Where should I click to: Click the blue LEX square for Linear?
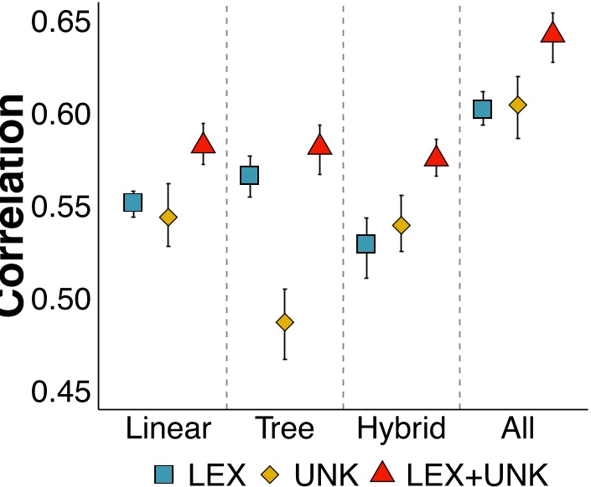[133, 202]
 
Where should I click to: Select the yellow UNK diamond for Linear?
[168, 218]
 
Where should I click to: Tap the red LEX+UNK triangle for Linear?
[203, 144]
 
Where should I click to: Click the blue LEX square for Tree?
[249, 175]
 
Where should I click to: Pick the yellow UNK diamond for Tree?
[285, 322]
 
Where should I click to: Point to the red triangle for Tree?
[319, 146]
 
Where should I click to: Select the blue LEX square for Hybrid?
[365, 243]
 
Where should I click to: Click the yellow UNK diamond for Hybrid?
[402, 225]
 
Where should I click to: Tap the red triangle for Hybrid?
[437, 156]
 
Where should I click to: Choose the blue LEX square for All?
[482, 109]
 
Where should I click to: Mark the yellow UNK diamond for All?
[518, 105]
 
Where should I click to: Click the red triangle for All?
[552, 33]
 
